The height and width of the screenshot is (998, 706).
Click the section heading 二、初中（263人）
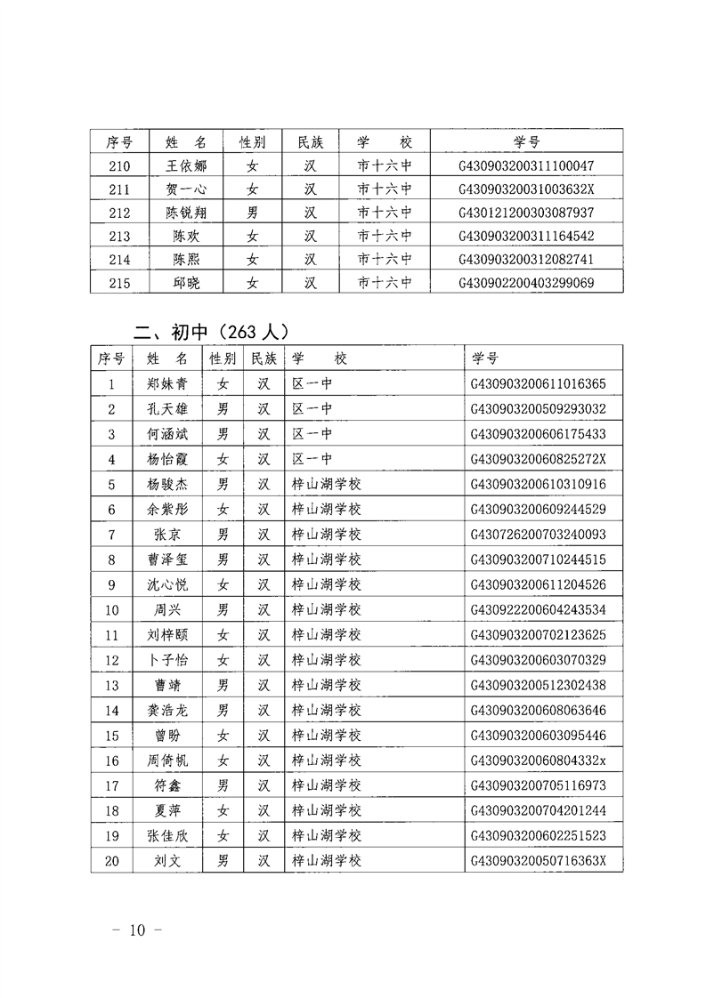pos(208,332)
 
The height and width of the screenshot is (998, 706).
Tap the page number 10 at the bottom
pos(136,930)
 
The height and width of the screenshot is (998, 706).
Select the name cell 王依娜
pos(186,165)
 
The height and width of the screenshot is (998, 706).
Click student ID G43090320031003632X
pos(525,189)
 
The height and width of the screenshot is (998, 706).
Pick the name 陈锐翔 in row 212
pos(186,213)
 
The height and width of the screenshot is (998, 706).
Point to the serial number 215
pos(118,283)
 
